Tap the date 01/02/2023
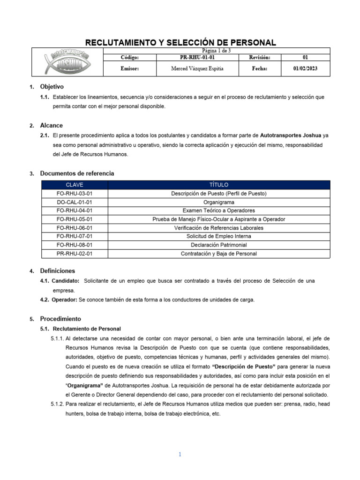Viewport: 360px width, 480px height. click(305, 68)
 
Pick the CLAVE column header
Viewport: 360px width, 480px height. click(75, 185)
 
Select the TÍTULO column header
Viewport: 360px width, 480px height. click(219, 185)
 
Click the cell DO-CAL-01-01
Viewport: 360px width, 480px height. click(75, 202)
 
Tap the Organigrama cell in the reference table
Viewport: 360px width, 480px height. click(219, 202)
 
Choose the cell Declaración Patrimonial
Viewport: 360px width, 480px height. click(219, 245)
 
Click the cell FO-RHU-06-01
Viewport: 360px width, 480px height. click(75, 228)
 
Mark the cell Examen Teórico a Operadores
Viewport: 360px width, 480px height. click(219, 210)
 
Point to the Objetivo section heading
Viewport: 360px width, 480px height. click(52, 87)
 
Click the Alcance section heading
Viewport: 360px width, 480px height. click(51, 126)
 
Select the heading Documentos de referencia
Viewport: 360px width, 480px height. click(77, 173)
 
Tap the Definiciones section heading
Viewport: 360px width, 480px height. click(57, 271)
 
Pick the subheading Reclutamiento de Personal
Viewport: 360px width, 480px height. click(87, 329)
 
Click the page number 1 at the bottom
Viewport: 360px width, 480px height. click(180, 454)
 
